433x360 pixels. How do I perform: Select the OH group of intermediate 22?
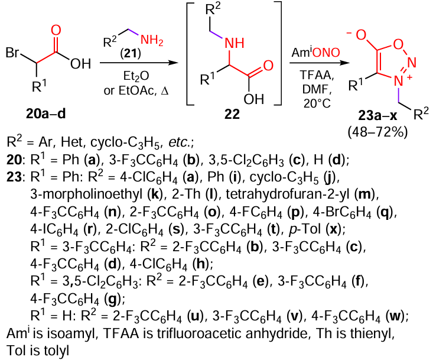pyautogui.click(x=255, y=98)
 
